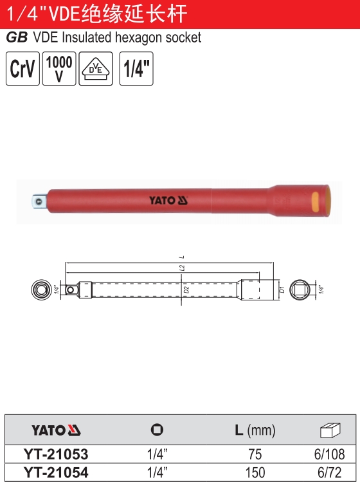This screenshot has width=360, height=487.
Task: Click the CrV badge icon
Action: click(x=22, y=69)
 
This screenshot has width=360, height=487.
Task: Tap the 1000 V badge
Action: click(x=59, y=69)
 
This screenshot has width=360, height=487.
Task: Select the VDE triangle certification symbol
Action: click(x=95, y=69)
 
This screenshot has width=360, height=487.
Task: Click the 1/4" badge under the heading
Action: click(x=136, y=69)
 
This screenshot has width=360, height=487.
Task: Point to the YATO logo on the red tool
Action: click(x=168, y=200)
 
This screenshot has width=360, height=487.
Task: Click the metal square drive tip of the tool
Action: click(x=39, y=201)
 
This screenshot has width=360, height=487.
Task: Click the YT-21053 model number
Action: click(x=56, y=454)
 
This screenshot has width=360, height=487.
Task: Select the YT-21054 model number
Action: click(x=56, y=473)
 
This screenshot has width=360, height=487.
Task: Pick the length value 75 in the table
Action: click(x=255, y=454)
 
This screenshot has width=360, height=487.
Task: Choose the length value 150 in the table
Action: click(x=255, y=473)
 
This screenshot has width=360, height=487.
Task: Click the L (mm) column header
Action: click(x=255, y=430)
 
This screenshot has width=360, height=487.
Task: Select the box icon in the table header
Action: click(x=329, y=430)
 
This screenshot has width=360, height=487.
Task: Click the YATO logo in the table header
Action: click(x=56, y=430)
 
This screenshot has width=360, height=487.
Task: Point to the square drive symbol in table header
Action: click(x=157, y=430)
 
